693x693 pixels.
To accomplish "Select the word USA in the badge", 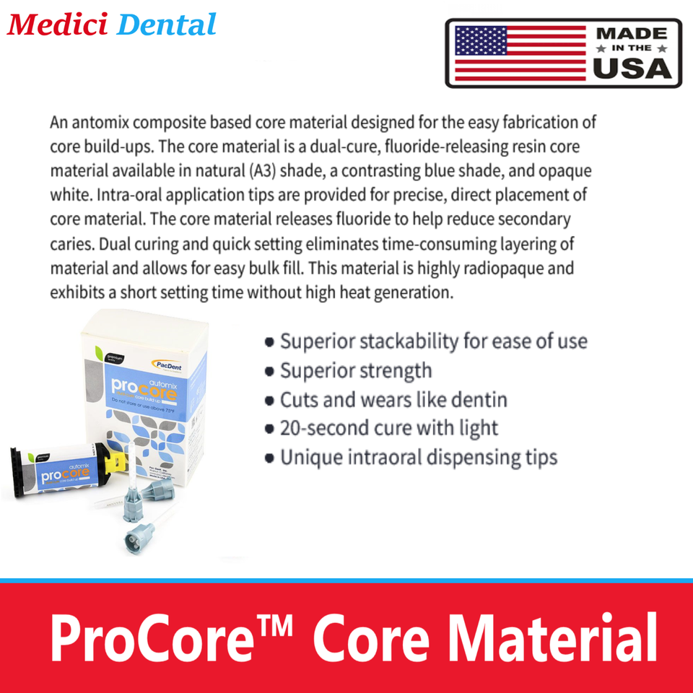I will [x=631, y=67].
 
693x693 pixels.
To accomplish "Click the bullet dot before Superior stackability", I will [x=269, y=342].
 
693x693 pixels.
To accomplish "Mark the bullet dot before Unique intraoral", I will [x=269, y=458].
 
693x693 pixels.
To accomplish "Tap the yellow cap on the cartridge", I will [x=114, y=470].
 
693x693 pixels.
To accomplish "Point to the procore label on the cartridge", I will [x=61, y=476].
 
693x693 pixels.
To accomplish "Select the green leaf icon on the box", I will [x=99, y=353].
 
